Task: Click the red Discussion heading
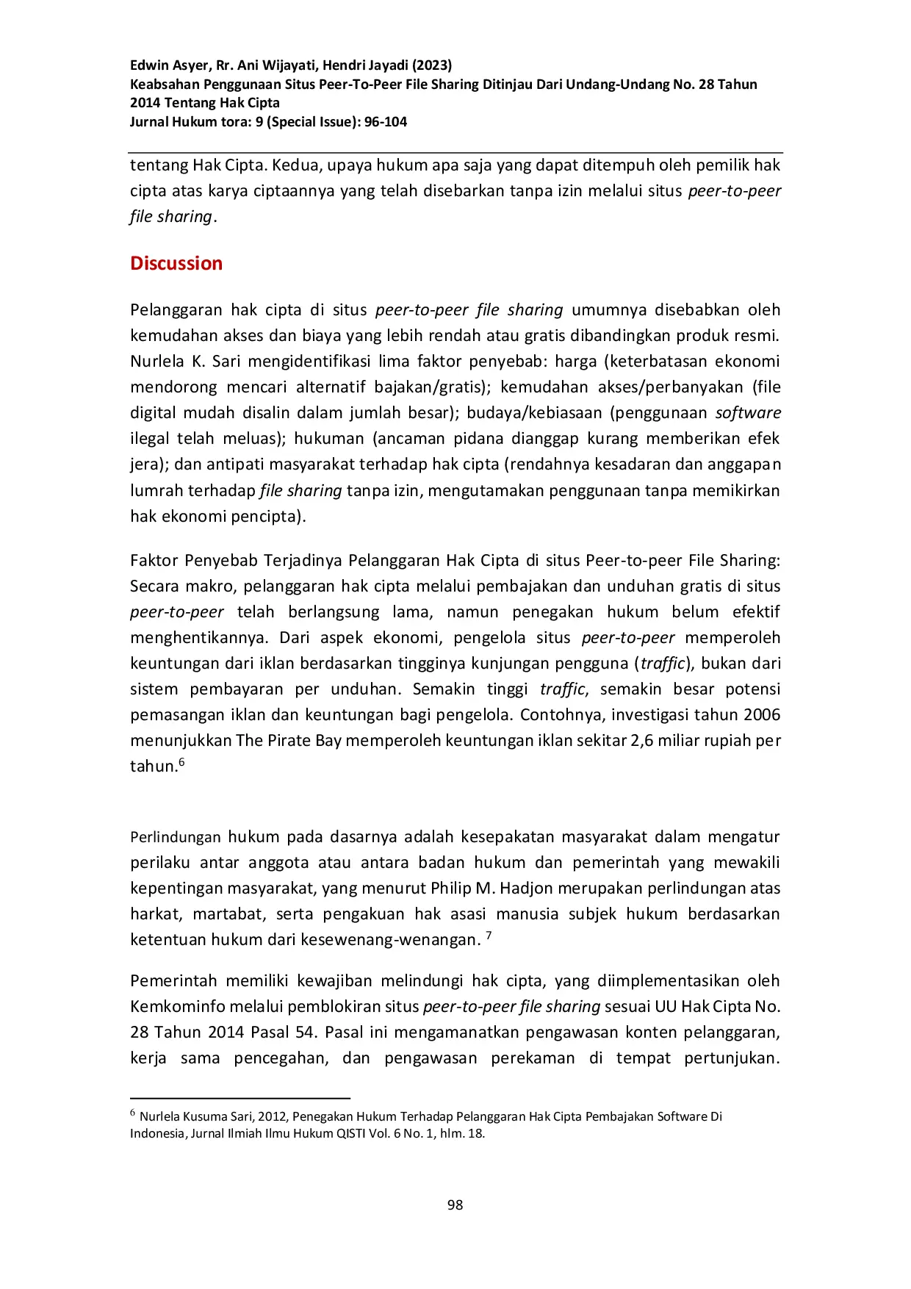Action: (176, 263)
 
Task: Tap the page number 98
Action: (455, 1204)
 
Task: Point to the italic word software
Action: (748, 413)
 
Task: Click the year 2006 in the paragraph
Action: (761, 715)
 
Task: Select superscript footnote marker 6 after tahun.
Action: (181, 762)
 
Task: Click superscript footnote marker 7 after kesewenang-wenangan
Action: (489, 936)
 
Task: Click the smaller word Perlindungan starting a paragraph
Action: (175, 837)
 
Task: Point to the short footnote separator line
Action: (240, 1098)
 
